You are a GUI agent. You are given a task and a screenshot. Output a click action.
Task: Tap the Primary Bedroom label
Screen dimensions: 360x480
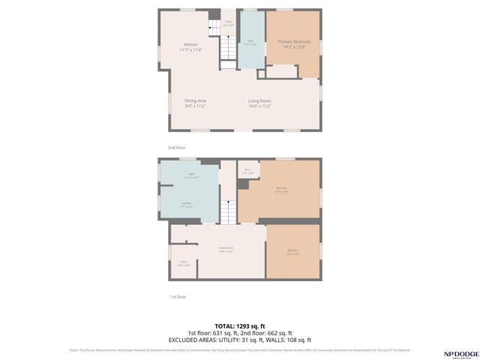[x=294, y=43]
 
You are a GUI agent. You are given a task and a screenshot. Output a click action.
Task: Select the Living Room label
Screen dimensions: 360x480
[x=259, y=103]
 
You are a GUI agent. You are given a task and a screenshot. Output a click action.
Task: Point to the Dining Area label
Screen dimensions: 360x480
[x=196, y=103]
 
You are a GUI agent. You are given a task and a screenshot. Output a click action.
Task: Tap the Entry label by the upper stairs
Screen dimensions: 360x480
[x=229, y=23]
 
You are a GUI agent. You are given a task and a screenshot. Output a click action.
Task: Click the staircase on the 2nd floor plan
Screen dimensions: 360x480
[x=228, y=49]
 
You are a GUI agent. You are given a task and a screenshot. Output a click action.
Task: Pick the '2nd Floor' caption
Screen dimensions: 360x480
[x=176, y=148]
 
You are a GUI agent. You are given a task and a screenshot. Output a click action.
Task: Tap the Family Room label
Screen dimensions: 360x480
[x=226, y=249]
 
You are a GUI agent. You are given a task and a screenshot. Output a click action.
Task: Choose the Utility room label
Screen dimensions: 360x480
[x=183, y=263]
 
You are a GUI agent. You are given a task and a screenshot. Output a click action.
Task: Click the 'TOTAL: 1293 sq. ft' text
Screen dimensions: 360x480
[x=239, y=325]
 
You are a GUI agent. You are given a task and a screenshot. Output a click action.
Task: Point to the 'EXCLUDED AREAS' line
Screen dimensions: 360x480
[x=239, y=339]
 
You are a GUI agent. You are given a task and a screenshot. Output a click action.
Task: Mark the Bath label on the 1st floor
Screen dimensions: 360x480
[x=191, y=175]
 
